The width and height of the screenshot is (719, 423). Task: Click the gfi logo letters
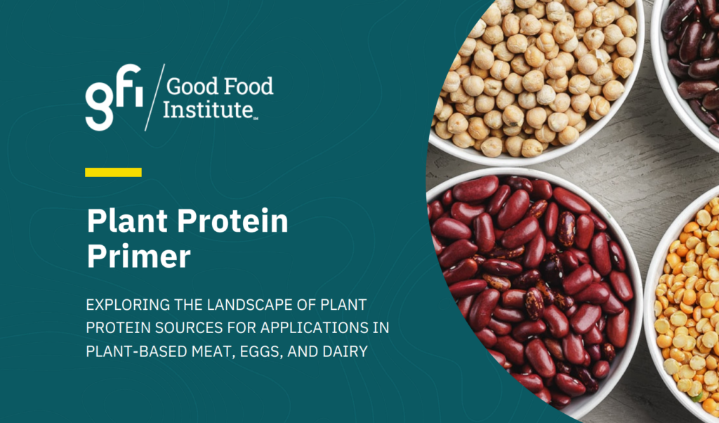click(114, 96)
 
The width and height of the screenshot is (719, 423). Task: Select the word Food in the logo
click(249, 86)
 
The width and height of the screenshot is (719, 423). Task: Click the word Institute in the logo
click(208, 110)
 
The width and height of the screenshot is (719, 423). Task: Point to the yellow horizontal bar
click(113, 173)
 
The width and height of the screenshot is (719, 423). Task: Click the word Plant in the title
click(128, 221)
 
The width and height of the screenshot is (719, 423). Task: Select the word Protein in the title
click(232, 221)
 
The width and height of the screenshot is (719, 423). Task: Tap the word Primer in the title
click(138, 256)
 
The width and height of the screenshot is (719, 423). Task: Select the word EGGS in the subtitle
click(262, 352)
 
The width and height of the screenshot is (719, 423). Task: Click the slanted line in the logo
click(154, 97)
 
